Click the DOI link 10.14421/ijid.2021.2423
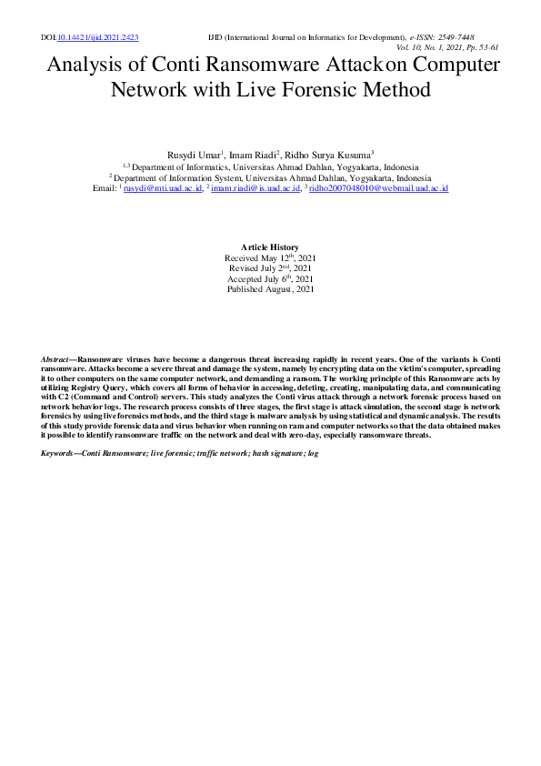(x=97, y=38)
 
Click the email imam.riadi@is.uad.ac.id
(x=255, y=188)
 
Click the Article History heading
(x=270, y=247)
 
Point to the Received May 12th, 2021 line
(x=270, y=258)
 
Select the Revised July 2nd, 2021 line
(x=270, y=268)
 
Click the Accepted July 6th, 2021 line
(x=270, y=278)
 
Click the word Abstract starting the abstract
(x=57, y=361)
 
